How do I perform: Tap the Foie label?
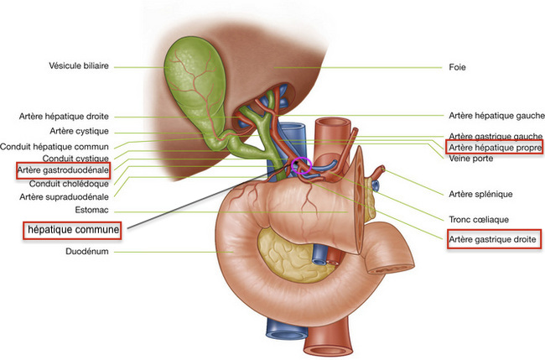(458, 67)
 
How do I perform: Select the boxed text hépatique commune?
(72, 228)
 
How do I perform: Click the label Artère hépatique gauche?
(496, 116)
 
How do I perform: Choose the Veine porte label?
(471, 158)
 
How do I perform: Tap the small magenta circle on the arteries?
(301, 164)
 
